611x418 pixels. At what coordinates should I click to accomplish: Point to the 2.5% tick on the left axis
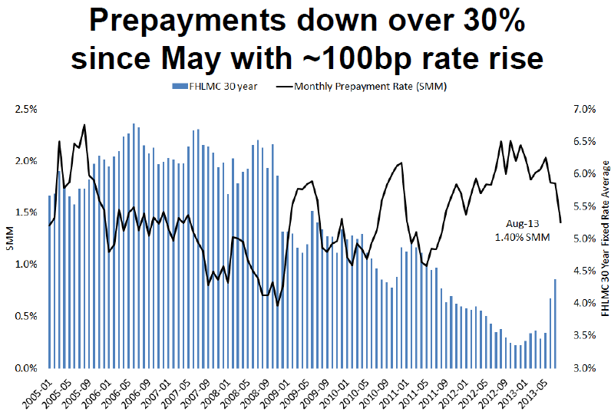pyautogui.click(x=26, y=109)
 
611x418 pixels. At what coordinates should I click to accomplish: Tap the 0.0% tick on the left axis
pyautogui.click(x=26, y=368)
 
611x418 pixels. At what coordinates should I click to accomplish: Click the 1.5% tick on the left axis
pyautogui.click(x=26, y=212)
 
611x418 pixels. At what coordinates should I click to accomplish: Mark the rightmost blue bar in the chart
pyautogui.click(x=556, y=323)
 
